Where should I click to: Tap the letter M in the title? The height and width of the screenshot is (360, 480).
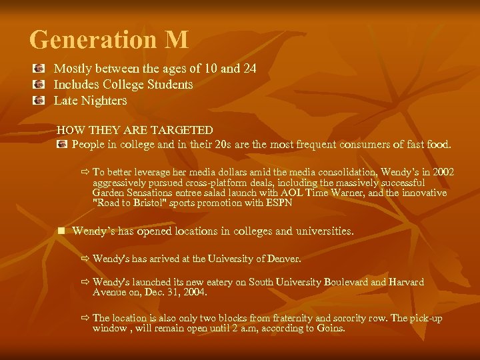[176, 40]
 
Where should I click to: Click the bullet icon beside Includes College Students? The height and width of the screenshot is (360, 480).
[40, 85]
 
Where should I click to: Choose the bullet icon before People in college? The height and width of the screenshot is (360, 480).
[62, 144]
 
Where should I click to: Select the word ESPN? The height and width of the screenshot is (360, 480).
[278, 203]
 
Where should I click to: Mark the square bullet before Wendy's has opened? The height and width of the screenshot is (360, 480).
[61, 231]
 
